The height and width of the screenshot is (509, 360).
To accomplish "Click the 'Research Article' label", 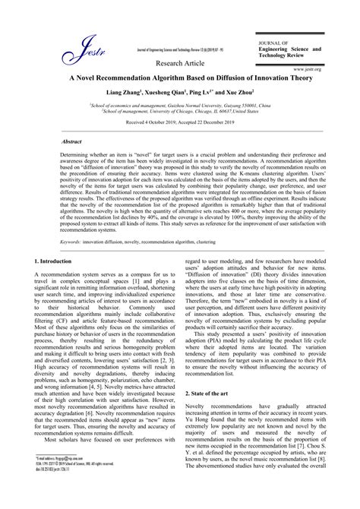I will [180, 62].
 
